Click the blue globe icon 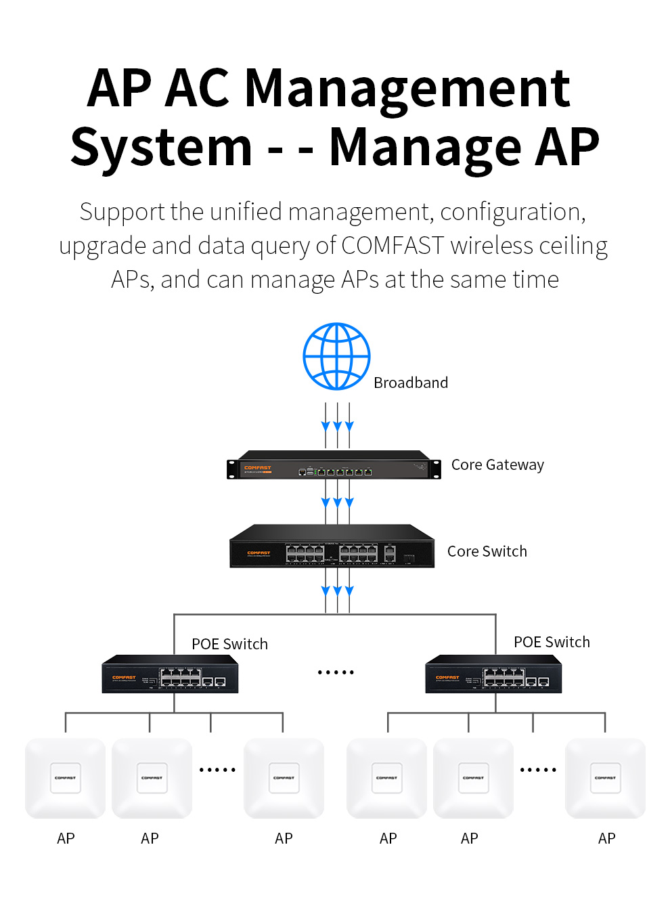click(336, 356)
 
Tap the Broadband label click(411, 383)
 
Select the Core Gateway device click(334, 465)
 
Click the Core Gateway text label click(497, 464)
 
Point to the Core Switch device click(332, 546)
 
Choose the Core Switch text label click(487, 551)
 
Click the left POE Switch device click(170, 674)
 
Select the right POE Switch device click(493, 674)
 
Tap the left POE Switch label click(229, 644)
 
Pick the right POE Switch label click(552, 642)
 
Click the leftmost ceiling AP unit click(66, 778)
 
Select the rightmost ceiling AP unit click(605, 778)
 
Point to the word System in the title click(162, 147)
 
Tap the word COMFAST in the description click(393, 245)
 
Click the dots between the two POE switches click(336, 672)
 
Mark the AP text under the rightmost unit click(606, 838)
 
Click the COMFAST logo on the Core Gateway click(257, 468)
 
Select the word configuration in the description click(512, 212)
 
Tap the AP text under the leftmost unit click(66, 838)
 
